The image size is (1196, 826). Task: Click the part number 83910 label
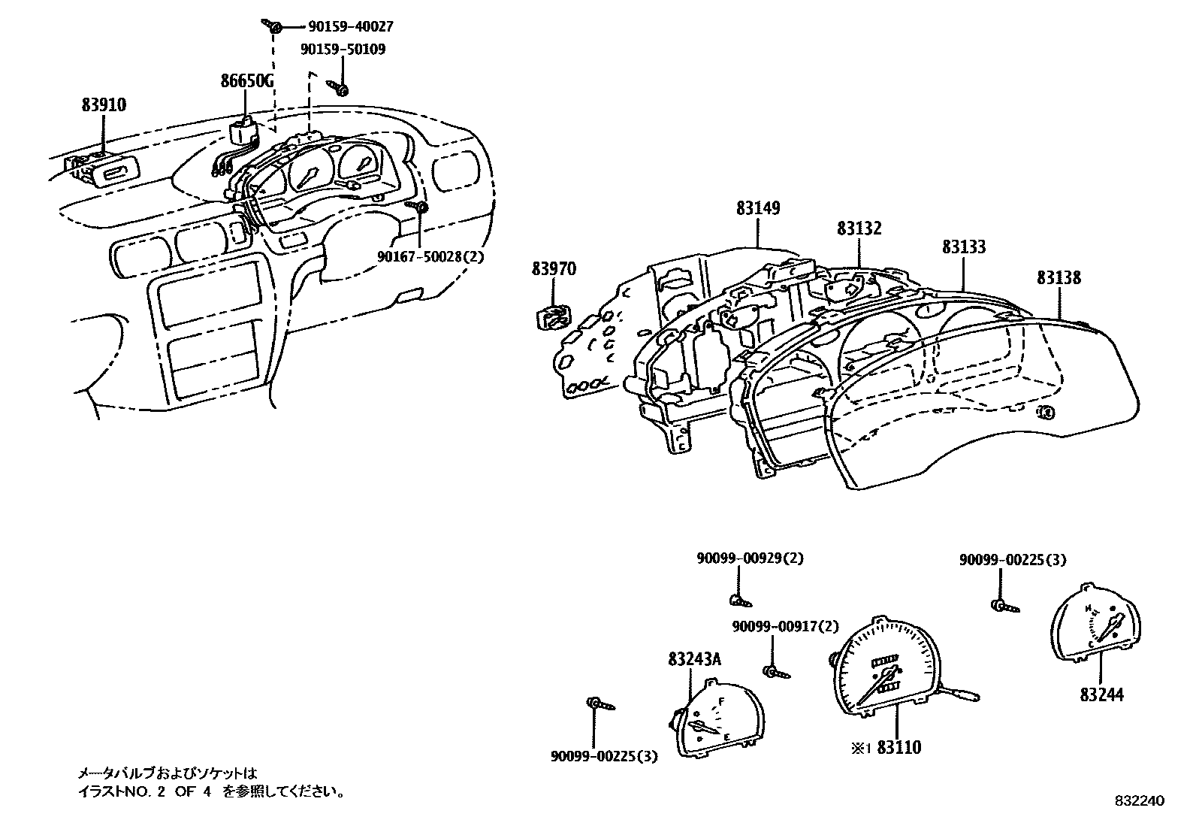104,104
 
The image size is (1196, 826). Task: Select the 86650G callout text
246,80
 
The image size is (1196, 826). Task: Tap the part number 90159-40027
350,27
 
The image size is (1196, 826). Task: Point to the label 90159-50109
343,50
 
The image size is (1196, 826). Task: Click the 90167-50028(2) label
430,256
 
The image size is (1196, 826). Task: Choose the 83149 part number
758,208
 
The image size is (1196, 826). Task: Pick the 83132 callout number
859,228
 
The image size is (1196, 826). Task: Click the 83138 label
1059,277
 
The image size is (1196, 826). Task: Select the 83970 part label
554,268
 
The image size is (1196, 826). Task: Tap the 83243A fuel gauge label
694,659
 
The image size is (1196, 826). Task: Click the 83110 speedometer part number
899,747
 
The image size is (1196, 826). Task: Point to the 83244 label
1102,695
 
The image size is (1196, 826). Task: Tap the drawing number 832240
1139,801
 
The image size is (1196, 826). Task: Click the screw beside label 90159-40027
274,27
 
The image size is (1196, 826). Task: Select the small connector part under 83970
551,317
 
